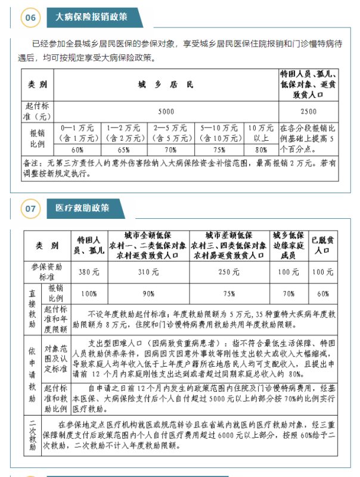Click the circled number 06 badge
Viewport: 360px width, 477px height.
[30, 18]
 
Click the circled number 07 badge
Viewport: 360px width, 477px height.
[30, 209]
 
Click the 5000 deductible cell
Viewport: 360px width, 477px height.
[166, 111]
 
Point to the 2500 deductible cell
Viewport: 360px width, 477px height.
[309, 111]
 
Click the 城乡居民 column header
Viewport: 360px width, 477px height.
[166, 85]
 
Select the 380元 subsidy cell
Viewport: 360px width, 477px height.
[89, 272]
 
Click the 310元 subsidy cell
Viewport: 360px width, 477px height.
[154, 272]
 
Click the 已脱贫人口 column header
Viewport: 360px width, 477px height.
[322, 245]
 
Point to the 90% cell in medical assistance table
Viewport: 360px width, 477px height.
[154, 293]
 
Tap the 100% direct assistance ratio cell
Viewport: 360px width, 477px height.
[89, 293]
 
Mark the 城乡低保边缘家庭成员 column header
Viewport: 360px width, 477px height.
[288, 245]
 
